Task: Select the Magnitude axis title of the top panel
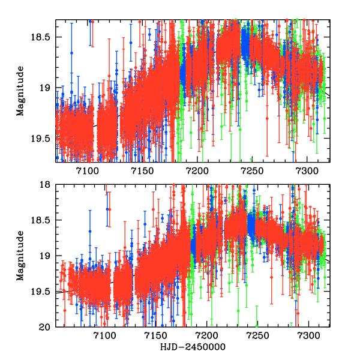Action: tap(21, 91)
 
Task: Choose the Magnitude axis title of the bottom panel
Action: tap(21, 256)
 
